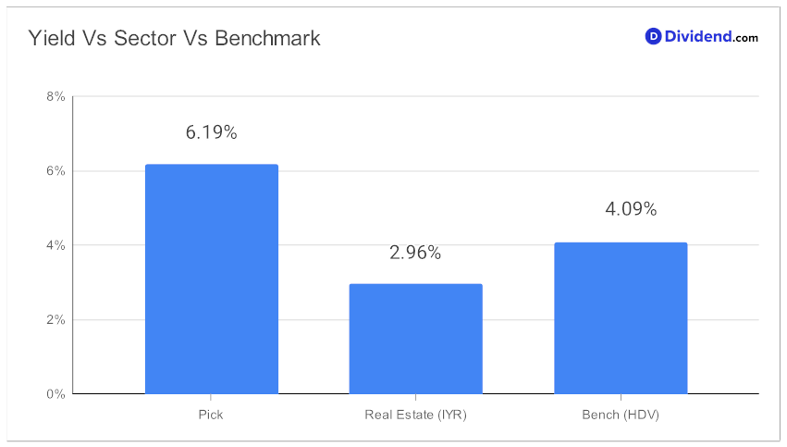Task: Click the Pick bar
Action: coord(211,279)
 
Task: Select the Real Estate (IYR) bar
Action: coord(415,339)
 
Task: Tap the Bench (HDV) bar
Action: coord(621,318)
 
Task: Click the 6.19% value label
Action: coord(211,132)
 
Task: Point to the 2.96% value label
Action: coord(415,252)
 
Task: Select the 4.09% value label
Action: coord(631,209)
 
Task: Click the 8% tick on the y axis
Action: coord(55,96)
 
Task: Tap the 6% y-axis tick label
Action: coord(55,171)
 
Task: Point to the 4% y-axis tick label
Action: coord(55,245)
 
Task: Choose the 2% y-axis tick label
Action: coord(55,319)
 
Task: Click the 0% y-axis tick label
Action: coord(55,394)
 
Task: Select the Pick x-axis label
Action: coord(211,415)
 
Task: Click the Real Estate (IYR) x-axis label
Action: coord(415,415)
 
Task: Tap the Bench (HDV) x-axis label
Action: coord(621,415)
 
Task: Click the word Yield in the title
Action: coord(52,38)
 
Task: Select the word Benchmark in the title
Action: coord(267,38)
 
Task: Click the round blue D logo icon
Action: coord(653,36)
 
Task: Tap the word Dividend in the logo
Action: coord(697,36)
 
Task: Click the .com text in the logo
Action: coord(744,38)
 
